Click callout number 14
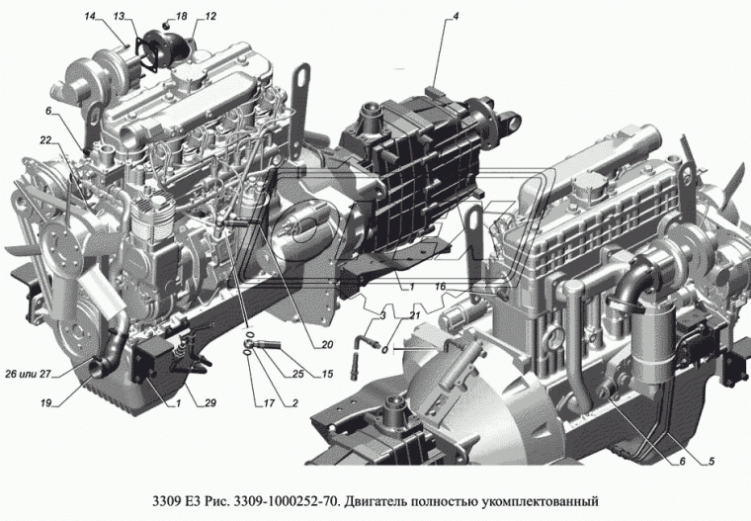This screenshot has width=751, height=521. coord(90,17)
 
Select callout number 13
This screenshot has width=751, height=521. coord(119,17)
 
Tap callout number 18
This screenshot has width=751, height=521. coord(180,17)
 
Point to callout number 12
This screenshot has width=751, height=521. coord(209,17)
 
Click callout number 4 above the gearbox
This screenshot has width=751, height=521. coord(456,17)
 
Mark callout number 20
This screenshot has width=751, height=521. coord(326,345)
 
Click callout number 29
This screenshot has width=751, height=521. coord(211,402)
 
